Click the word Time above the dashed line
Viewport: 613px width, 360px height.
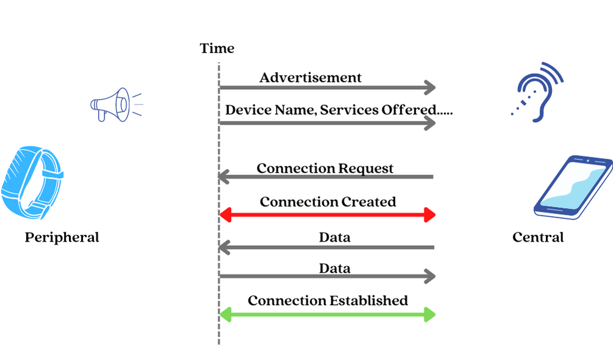click(217, 49)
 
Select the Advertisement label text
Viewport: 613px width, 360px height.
click(310, 77)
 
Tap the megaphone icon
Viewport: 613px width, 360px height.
click(113, 105)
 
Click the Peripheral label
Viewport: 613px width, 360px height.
click(62, 237)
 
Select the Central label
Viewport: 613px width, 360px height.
click(538, 237)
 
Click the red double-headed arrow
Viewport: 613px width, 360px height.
click(327, 215)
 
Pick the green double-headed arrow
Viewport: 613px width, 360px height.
click(327, 315)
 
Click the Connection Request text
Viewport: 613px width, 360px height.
click(325, 168)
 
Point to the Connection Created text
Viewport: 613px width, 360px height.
click(328, 201)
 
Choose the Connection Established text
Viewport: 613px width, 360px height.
click(328, 301)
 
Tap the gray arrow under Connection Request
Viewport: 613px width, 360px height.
click(327, 178)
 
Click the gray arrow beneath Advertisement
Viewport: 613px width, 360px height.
click(327, 88)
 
